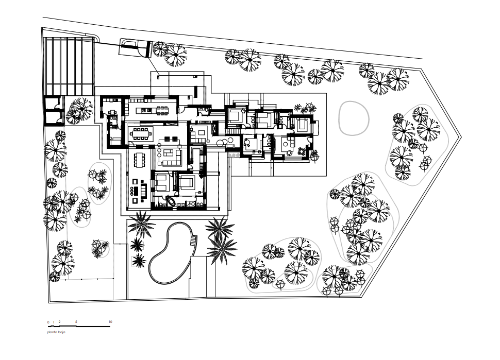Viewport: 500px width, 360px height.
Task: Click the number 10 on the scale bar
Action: click(x=110, y=322)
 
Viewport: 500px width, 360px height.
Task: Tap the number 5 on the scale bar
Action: click(x=76, y=322)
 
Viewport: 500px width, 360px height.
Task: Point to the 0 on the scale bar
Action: click(x=48, y=322)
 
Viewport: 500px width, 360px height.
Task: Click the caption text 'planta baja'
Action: click(x=56, y=332)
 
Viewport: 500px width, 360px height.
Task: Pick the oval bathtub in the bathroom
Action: click(x=171, y=202)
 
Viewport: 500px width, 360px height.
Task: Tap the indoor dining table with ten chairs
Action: click(x=141, y=134)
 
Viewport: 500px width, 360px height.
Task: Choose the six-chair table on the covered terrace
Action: click(x=139, y=160)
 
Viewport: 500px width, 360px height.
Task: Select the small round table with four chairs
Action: click(x=302, y=151)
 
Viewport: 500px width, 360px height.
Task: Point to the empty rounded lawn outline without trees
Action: click(x=354, y=118)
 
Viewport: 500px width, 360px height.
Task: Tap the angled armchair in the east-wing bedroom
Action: click(x=243, y=111)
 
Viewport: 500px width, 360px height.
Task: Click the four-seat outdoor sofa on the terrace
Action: click(x=143, y=191)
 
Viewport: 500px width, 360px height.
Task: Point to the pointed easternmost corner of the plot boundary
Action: click(x=461, y=136)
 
